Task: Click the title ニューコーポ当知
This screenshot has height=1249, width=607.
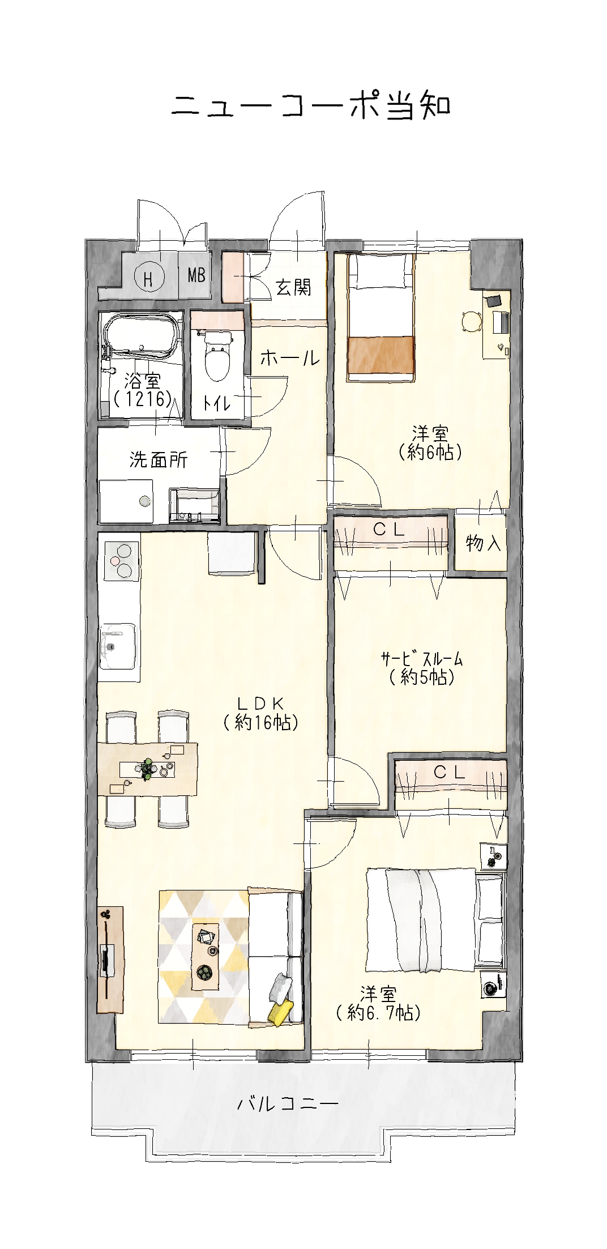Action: point(311,106)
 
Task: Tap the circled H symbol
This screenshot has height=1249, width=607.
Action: point(149,278)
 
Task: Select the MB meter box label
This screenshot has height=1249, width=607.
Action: point(196,276)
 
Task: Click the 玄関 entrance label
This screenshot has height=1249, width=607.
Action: point(293,288)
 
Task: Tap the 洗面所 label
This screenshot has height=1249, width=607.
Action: point(158,460)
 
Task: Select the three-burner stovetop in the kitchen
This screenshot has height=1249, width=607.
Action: point(121,560)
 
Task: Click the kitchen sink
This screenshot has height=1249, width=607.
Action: point(118,646)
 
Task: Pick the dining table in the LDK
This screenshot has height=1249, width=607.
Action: point(148,769)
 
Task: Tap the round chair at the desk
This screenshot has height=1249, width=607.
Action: point(472,322)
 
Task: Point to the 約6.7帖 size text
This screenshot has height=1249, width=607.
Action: point(378,1012)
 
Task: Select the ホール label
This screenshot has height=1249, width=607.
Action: point(290,358)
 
